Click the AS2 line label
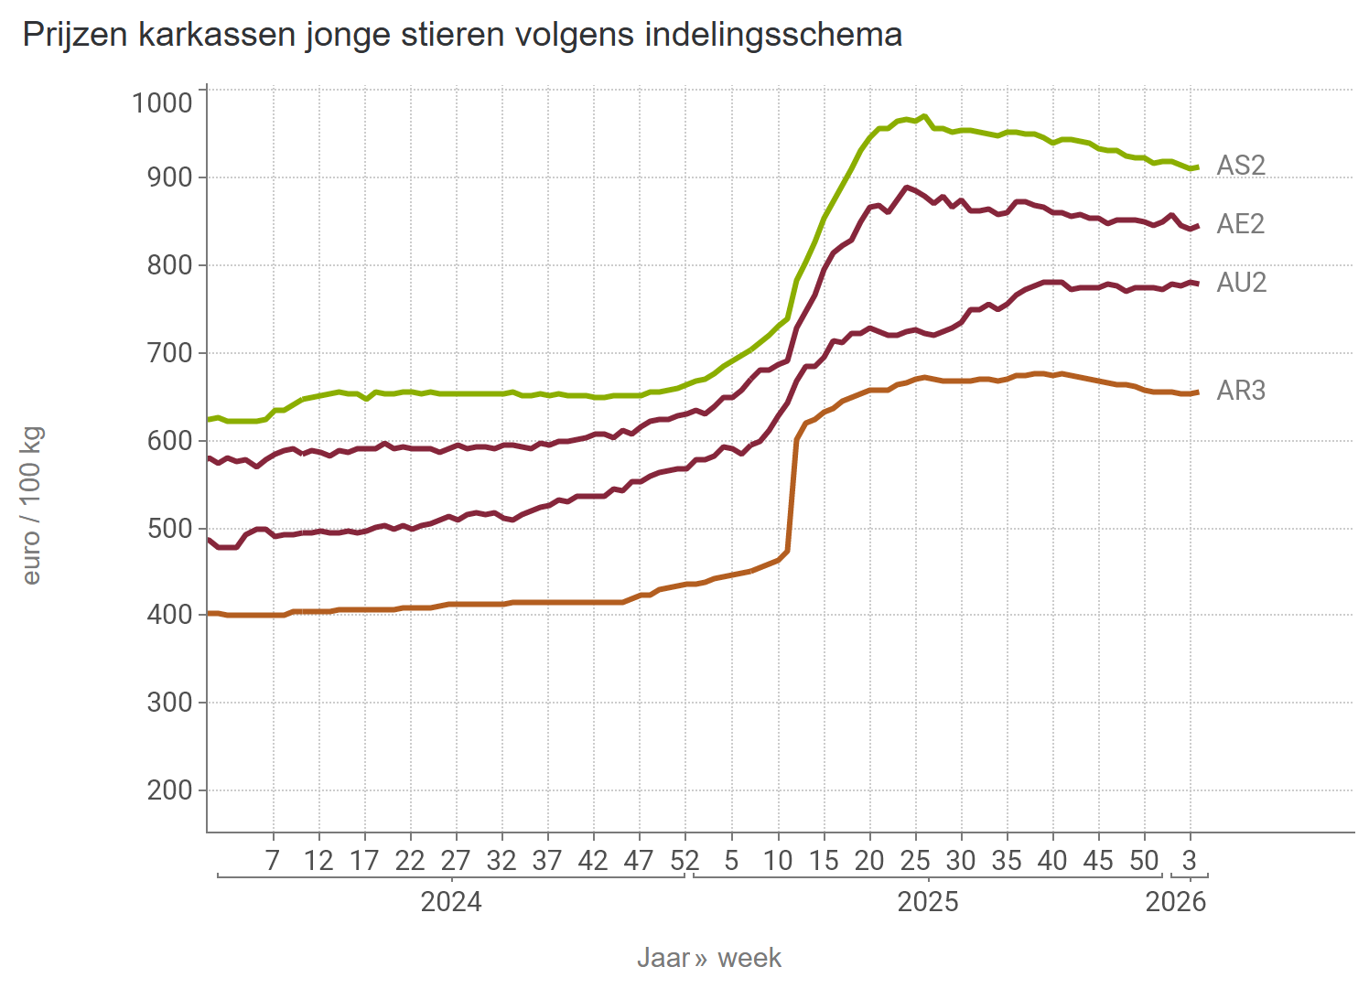point(1240,166)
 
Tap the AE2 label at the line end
point(1240,224)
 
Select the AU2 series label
point(1241,283)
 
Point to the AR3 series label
point(1241,391)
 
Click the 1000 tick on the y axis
point(162,102)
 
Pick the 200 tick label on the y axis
point(169,790)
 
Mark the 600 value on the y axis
point(169,441)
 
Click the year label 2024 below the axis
point(450,902)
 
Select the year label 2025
point(927,902)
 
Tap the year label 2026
point(1175,902)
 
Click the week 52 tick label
point(684,861)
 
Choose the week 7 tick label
point(272,861)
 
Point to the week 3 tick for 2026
point(1189,861)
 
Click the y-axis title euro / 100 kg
point(31,506)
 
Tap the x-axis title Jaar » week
point(708,958)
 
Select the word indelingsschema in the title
point(773,35)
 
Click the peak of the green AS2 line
point(924,116)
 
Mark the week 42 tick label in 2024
point(593,861)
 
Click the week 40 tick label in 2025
point(1052,861)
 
